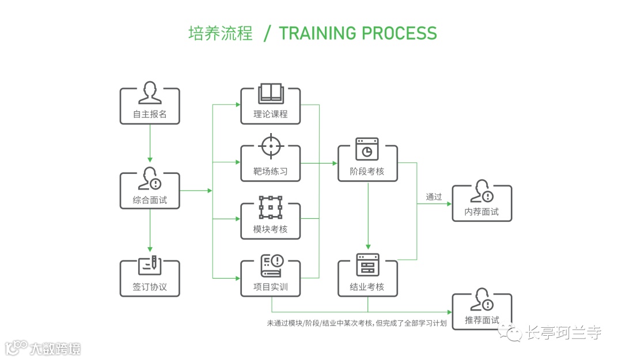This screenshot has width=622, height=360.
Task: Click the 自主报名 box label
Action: [x=150, y=114]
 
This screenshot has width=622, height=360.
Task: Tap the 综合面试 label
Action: [x=150, y=200]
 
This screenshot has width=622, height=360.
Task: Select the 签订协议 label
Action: [x=150, y=287]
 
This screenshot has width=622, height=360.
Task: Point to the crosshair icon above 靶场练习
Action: [x=270, y=146]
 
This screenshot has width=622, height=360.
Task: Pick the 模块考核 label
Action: [x=270, y=229]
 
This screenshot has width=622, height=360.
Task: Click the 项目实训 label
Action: [x=270, y=287]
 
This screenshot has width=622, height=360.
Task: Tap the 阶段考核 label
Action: [x=367, y=171]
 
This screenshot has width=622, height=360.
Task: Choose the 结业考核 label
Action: [x=367, y=287]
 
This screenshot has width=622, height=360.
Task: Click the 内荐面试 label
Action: [x=481, y=212]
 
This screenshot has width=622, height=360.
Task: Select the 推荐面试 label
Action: [x=481, y=320]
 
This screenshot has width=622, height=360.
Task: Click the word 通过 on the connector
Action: [x=434, y=197]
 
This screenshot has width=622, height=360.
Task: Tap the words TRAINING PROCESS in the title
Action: [x=358, y=33]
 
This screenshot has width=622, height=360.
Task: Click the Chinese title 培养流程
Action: [x=221, y=33]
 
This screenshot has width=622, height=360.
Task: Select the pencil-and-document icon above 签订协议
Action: [x=150, y=264]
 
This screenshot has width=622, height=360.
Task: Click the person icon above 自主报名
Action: [x=150, y=93]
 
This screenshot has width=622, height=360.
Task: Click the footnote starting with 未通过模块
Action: [x=356, y=323]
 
